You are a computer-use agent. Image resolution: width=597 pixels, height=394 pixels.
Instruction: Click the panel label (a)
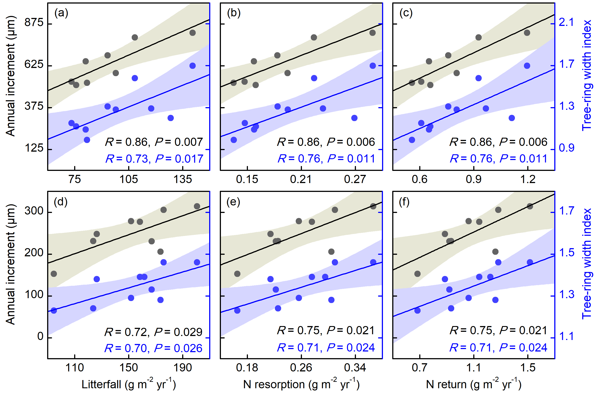[x=61, y=13]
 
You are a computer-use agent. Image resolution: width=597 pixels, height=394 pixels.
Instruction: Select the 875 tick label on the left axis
[x=34, y=23]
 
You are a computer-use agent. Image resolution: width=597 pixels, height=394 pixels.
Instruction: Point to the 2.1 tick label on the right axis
[x=566, y=22]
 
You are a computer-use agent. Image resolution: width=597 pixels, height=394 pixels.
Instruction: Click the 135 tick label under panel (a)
[x=183, y=180]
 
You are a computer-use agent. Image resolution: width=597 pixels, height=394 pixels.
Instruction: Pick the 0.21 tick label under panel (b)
[x=301, y=180]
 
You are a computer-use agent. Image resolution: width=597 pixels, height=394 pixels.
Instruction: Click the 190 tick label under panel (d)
[x=183, y=368]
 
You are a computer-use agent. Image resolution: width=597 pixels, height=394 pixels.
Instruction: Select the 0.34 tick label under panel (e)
[x=355, y=368]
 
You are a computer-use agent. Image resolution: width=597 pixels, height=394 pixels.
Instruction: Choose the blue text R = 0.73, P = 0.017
[x=154, y=159]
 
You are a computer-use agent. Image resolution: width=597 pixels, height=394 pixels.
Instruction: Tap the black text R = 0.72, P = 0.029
[x=153, y=332]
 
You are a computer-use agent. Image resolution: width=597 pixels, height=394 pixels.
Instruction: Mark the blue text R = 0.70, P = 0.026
[x=153, y=348]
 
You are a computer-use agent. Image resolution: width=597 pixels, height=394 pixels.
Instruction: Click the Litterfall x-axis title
[x=129, y=384]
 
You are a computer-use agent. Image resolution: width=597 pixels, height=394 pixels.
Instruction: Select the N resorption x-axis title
[x=301, y=384]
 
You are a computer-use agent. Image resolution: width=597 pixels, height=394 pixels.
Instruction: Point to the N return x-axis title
[x=474, y=384]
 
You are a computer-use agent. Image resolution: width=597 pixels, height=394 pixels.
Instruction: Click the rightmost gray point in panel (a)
[x=192, y=33]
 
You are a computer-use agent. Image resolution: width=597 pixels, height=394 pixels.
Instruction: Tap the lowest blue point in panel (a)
[x=87, y=140]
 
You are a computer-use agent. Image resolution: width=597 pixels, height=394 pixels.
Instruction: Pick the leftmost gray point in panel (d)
[x=54, y=274]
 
